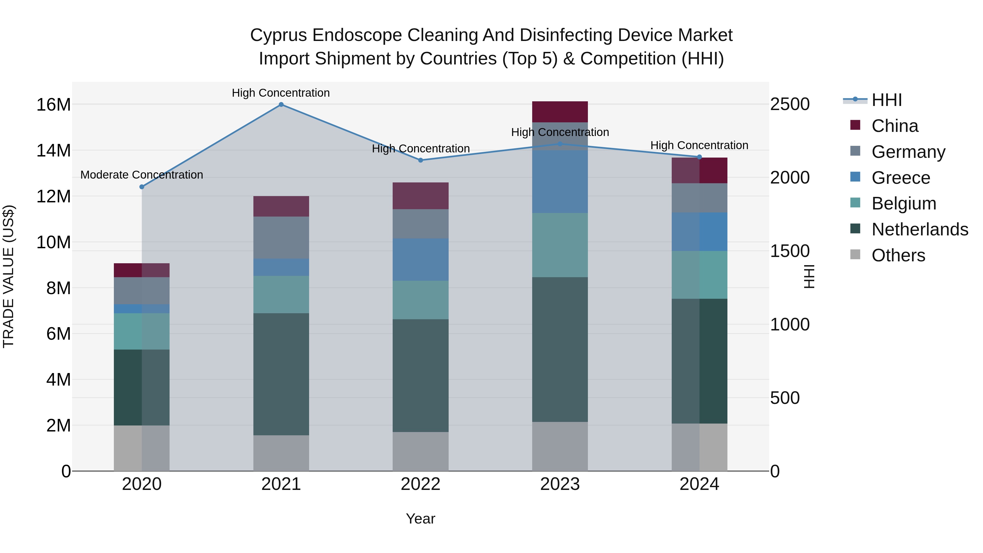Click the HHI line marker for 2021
tap(281, 105)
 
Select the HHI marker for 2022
tap(421, 160)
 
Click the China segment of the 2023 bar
tap(560, 112)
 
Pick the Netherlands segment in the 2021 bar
tap(281, 374)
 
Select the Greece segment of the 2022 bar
tap(421, 259)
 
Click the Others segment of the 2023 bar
tap(560, 446)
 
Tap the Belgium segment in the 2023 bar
tap(560, 245)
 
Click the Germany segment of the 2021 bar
tap(281, 237)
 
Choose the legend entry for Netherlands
tap(920, 229)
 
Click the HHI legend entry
tap(886, 100)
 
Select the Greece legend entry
tap(901, 178)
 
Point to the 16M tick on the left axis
tap(54, 105)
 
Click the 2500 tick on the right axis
tap(789, 104)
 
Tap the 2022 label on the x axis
tap(421, 484)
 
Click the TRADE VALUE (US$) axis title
tap(8, 276)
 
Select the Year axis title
tap(421, 519)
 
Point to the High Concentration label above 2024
tap(699, 145)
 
